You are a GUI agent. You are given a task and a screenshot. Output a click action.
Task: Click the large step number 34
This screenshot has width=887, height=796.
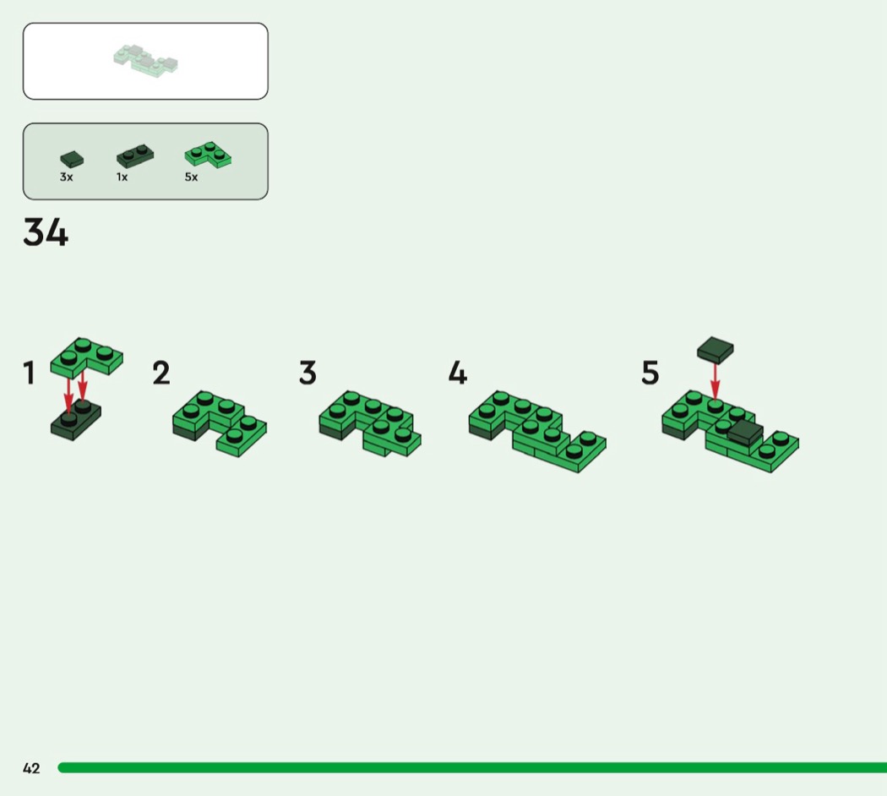pyautogui.click(x=46, y=232)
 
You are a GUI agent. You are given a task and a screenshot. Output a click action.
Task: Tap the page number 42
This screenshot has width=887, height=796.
pyautogui.click(x=31, y=768)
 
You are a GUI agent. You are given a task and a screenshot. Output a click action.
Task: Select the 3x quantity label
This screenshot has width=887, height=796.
pyautogui.click(x=66, y=177)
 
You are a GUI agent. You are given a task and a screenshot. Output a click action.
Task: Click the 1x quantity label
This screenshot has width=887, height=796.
pyautogui.click(x=122, y=177)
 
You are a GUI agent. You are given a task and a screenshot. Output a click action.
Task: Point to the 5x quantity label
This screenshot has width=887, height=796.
pyautogui.click(x=191, y=177)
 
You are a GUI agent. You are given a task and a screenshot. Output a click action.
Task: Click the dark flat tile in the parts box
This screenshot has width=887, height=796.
pyautogui.click(x=72, y=159)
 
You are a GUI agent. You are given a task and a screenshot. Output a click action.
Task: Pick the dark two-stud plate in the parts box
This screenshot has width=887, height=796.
pyautogui.click(x=134, y=156)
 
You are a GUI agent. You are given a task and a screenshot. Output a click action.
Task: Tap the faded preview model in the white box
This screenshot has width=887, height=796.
pyautogui.click(x=145, y=61)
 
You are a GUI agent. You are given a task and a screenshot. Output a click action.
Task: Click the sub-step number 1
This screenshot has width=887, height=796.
pyautogui.click(x=29, y=373)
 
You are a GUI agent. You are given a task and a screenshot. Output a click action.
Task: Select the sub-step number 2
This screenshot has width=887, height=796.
pyautogui.click(x=161, y=373)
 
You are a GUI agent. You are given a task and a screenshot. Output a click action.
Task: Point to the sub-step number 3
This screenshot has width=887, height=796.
pyautogui.click(x=307, y=373)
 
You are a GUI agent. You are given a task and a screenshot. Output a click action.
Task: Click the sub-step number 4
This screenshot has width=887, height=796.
pyautogui.click(x=458, y=373)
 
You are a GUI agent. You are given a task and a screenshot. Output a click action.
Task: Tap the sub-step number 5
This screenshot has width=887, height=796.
pyautogui.click(x=650, y=373)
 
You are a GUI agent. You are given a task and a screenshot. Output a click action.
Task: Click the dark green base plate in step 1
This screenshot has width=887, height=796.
pyautogui.click(x=76, y=422)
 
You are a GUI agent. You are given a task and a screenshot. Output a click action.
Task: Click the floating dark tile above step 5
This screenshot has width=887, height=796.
pyautogui.click(x=716, y=350)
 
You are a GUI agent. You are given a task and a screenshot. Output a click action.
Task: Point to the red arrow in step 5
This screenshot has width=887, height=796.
pyautogui.click(x=715, y=382)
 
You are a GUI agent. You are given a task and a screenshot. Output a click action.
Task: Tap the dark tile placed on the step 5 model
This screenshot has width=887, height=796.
pyautogui.click(x=745, y=433)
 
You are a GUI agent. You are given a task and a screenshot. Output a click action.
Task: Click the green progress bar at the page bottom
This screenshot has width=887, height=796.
pyautogui.click(x=472, y=768)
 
